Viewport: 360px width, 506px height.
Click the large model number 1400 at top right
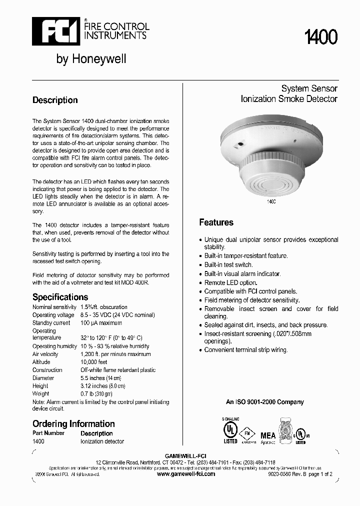click(321, 37)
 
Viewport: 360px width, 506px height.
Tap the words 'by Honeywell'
click(91, 59)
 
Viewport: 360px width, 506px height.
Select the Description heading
click(55, 100)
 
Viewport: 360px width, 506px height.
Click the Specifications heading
click(60, 297)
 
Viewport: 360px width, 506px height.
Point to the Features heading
click(216, 222)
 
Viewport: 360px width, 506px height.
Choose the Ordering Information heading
click(73, 424)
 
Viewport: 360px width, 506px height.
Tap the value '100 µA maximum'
click(101, 323)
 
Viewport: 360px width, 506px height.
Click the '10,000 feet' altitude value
click(94, 362)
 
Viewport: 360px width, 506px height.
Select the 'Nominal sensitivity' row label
click(54, 307)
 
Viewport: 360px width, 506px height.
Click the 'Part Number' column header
click(48, 433)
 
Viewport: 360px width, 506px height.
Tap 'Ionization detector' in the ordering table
click(102, 441)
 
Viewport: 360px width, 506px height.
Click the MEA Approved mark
click(268, 436)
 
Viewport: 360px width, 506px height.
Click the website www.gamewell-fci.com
click(186, 473)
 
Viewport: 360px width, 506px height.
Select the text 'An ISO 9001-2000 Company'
click(264, 402)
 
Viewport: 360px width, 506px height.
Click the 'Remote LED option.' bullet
click(230, 282)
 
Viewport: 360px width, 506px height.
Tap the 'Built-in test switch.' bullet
click(228, 264)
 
